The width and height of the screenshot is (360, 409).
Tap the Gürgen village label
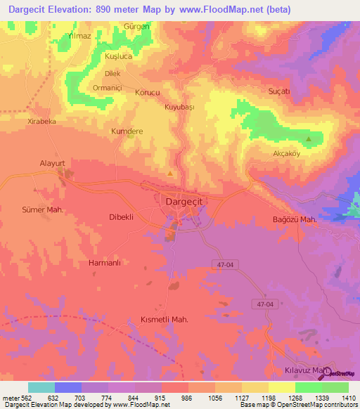pyautogui.click(x=136, y=26)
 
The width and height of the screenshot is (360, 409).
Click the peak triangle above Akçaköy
pyautogui.click(x=309, y=130)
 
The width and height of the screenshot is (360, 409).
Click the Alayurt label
pyautogui.click(x=51, y=163)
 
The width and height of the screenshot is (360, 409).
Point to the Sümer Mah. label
pyautogui.click(x=44, y=209)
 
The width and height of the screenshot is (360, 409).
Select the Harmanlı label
pyautogui.click(x=106, y=263)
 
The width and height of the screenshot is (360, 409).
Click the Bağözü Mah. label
pyautogui.click(x=295, y=220)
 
